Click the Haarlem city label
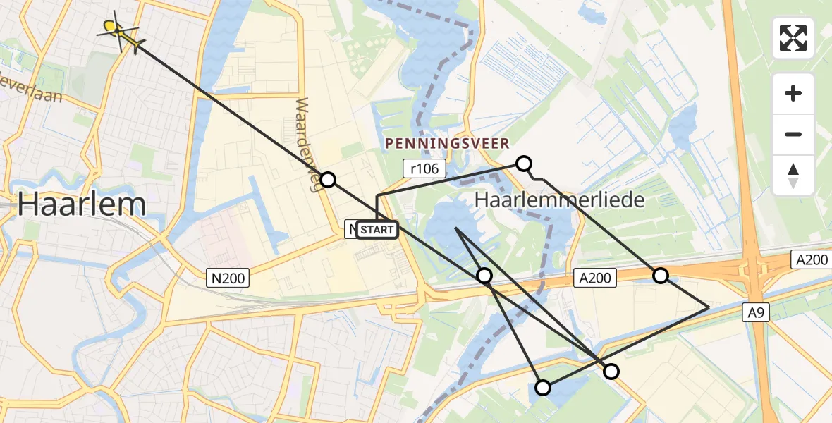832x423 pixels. (82, 204)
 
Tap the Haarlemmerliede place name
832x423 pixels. (560, 200)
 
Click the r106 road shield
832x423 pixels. (421, 168)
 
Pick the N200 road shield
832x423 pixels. (228, 278)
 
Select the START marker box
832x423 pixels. (377, 230)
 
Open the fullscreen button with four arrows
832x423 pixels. (793, 38)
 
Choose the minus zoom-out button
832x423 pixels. (793, 134)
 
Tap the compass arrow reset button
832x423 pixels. (793, 175)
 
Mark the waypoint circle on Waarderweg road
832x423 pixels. (328, 179)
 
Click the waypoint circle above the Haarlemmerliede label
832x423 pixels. (523, 164)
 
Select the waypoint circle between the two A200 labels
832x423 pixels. (660, 275)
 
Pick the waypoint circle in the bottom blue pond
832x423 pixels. (543, 387)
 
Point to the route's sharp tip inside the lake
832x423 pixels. (456, 228)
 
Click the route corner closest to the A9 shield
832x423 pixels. (708, 307)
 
